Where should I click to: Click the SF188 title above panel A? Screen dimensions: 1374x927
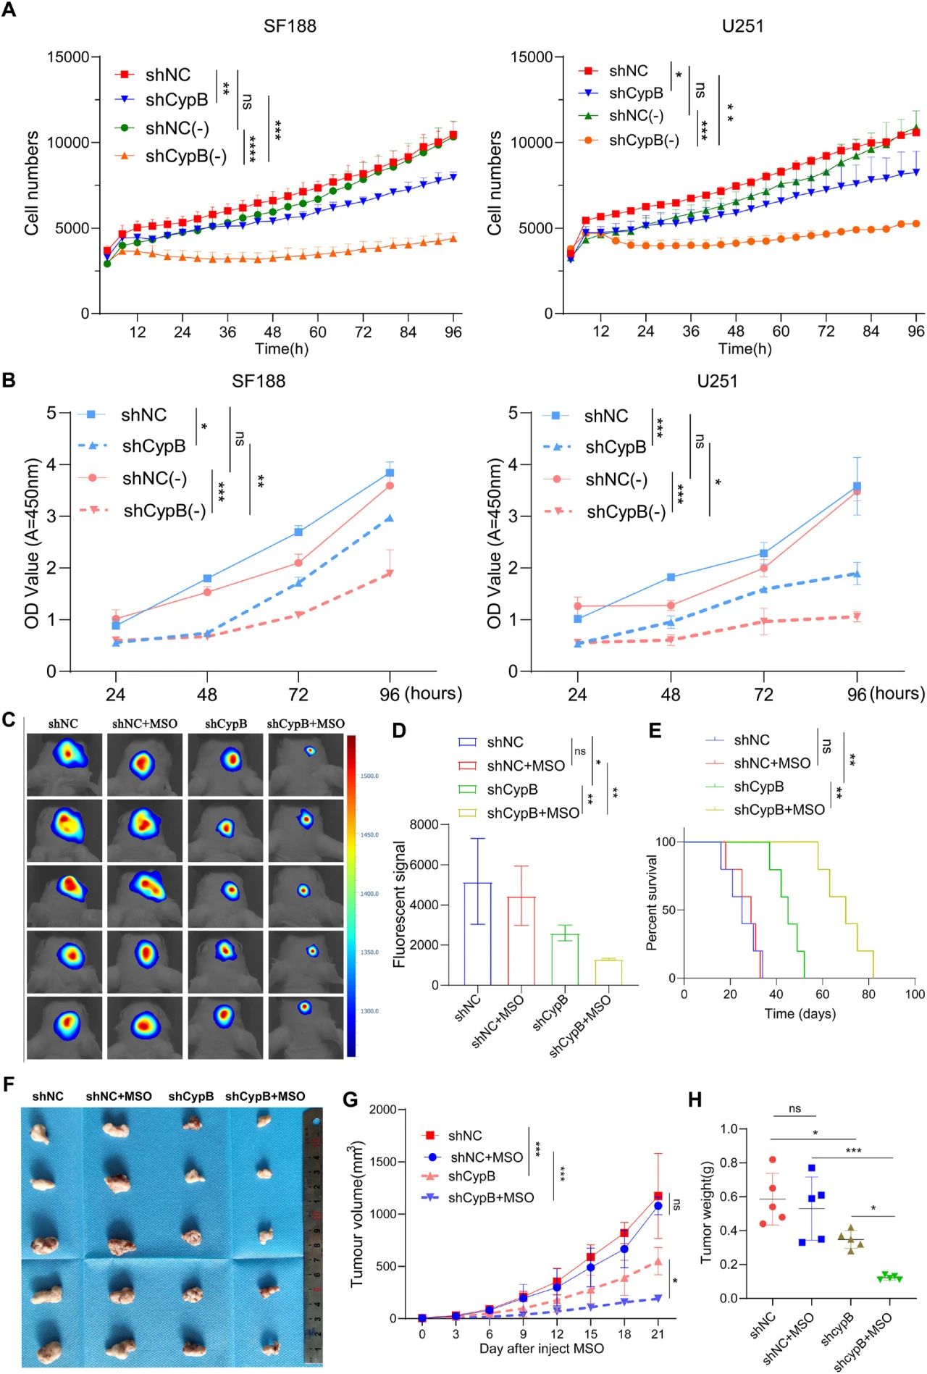tap(290, 26)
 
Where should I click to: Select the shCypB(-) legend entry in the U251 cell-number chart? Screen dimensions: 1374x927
tap(643, 140)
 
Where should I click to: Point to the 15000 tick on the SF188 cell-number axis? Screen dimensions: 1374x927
tap(68, 57)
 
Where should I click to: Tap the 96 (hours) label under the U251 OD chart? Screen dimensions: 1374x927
tap(885, 694)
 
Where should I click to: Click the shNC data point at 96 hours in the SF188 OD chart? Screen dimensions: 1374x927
tap(390, 473)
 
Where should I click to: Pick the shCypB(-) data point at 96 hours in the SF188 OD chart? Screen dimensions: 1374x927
tap(390, 573)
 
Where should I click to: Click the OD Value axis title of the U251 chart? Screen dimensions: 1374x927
tap(495, 543)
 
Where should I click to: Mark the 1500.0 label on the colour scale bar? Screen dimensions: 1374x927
tap(369, 776)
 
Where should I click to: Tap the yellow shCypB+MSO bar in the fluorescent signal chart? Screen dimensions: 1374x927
tap(608, 972)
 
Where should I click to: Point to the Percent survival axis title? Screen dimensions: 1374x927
tap(652, 902)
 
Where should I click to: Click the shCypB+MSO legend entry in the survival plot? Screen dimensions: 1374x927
tap(779, 809)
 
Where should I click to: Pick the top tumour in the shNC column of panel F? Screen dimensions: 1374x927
tap(41, 1132)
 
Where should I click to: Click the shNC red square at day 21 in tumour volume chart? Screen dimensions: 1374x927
tap(658, 1196)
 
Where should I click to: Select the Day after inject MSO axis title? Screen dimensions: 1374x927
tap(541, 1348)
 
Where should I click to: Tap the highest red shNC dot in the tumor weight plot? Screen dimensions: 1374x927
tap(773, 1160)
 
